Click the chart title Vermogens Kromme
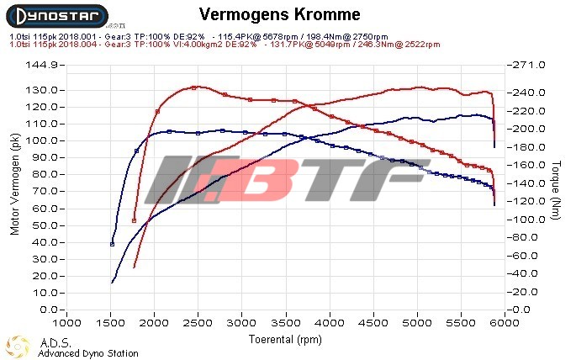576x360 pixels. [281, 15]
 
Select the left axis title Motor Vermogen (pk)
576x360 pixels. [14, 187]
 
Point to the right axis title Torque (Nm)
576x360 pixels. [557, 187]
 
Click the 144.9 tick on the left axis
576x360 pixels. [41, 65]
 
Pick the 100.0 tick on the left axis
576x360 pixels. [41, 140]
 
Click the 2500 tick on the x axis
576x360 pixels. [198, 323]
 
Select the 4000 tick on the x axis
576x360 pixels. [330, 323]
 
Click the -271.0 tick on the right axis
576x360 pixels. [529, 65]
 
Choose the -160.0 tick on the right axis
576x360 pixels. [529, 165]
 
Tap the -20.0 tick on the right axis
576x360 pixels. [529, 292]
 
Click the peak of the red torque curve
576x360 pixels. [194, 87]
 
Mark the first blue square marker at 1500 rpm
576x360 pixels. [113, 244]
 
